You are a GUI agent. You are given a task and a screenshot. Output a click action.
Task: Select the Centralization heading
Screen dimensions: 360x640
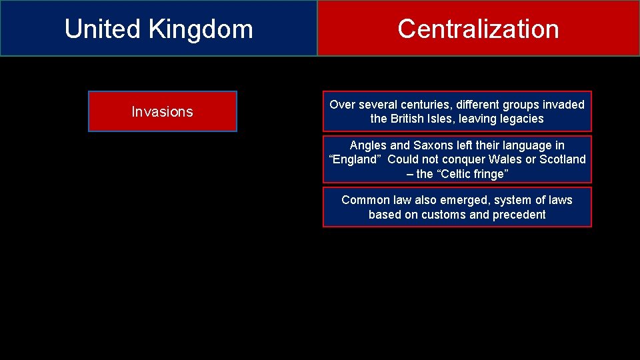tap(478, 29)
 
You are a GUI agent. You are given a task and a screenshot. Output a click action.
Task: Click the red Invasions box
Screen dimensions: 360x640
tap(162, 111)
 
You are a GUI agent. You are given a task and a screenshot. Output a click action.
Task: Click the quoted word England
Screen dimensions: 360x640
tap(353, 159)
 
